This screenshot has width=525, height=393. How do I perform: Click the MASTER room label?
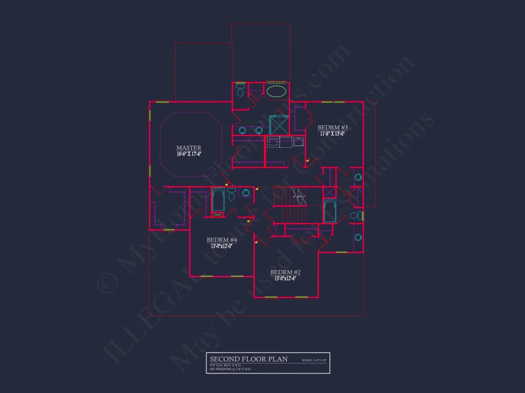pyautogui.click(x=189, y=148)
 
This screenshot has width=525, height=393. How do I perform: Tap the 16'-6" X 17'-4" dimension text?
pyautogui.click(x=189, y=154)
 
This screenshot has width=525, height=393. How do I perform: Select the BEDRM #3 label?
pyautogui.click(x=332, y=127)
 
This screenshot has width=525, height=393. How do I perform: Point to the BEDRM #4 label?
pyautogui.click(x=221, y=240)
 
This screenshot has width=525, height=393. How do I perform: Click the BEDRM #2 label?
pyautogui.click(x=285, y=272)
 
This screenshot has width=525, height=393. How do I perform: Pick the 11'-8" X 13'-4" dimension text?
pyautogui.click(x=332, y=134)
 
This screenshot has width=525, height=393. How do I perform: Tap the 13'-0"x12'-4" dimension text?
pyautogui.click(x=285, y=278)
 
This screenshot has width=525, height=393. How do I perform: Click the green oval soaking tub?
pyautogui.click(x=277, y=91)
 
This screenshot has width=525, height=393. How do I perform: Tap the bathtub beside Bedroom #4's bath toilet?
pyautogui.click(x=218, y=200)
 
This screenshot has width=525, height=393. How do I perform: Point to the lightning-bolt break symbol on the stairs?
pyautogui.click(x=299, y=195)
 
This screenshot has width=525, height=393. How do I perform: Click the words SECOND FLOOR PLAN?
pyautogui.click(x=249, y=359)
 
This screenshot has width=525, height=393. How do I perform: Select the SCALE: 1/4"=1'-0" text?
pyautogui.click(x=314, y=360)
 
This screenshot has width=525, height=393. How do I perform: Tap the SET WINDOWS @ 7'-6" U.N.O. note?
pyautogui.click(x=231, y=369)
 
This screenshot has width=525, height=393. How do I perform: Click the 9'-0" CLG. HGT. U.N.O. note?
pyautogui.click(x=225, y=365)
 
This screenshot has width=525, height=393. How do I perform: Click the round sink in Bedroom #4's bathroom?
pyautogui.click(x=246, y=192)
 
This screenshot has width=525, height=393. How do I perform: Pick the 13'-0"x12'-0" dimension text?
pyautogui.click(x=221, y=246)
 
